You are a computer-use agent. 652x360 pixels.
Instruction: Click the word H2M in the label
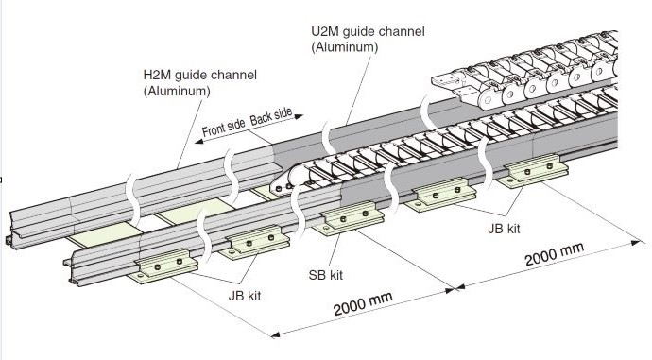157,75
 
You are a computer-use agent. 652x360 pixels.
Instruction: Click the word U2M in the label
325,31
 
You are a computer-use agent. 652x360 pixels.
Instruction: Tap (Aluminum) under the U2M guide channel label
345,47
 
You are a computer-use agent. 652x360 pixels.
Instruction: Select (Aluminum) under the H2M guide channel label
177,91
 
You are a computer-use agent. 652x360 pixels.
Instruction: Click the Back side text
271,116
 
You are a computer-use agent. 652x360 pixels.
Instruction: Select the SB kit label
326,275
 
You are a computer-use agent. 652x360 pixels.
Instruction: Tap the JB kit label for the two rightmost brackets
504,229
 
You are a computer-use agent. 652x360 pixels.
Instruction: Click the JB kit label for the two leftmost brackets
245,296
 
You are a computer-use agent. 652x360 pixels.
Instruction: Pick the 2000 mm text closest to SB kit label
363,304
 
